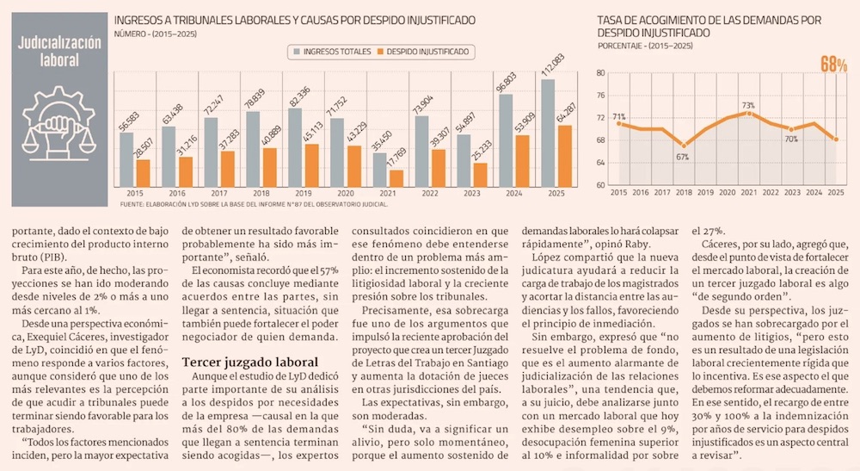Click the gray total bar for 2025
(548, 133)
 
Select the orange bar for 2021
(396, 179)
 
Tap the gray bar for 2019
(295, 147)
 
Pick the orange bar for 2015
(143, 173)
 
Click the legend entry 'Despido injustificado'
(423, 52)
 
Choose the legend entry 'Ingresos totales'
(332, 52)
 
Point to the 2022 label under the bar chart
(430, 193)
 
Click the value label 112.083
(553, 66)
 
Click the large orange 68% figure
(833, 65)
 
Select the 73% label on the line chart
(749, 105)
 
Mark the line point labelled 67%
(684, 146)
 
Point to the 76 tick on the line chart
(600, 96)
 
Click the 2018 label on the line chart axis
(684, 193)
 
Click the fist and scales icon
(58, 123)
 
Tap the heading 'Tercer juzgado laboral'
(250, 363)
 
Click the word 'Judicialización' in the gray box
(59, 42)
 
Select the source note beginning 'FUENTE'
(254, 204)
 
